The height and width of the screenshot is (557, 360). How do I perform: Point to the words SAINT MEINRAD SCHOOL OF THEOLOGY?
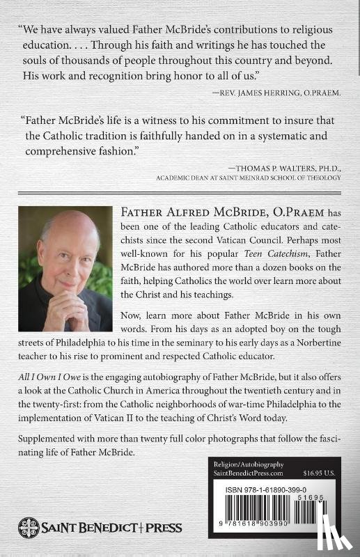tap(282, 178)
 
